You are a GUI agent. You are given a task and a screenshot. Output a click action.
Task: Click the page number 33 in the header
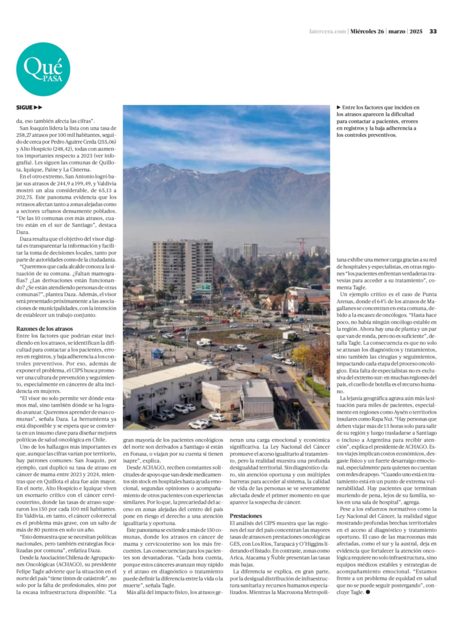click(x=432, y=31)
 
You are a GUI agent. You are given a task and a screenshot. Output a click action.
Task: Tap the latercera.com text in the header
click(x=328, y=31)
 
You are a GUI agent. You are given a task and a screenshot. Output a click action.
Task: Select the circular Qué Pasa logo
click(x=43, y=70)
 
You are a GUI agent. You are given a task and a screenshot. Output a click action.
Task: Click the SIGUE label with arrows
click(x=29, y=108)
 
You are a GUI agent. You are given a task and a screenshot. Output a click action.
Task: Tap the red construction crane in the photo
click(x=304, y=243)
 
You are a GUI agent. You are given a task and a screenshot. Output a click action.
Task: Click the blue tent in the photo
click(x=158, y=353)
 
